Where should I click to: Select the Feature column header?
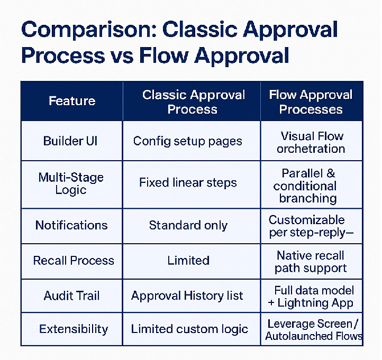point(72,101)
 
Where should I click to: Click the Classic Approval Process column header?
point(193,102)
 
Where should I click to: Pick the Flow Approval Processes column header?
point(311,102)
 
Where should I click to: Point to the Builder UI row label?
point(70,141)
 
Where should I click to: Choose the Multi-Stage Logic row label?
point(71,183)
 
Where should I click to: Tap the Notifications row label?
point(71,225)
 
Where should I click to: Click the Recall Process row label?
point(74,261)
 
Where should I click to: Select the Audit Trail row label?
point(71,296)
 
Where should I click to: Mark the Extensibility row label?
point(74,329)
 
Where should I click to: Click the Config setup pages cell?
point(188,141)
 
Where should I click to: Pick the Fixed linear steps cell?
point(188,183)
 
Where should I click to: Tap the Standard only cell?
point(188,225)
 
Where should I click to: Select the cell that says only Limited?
point(188,261)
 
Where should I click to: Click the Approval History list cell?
point(187,296)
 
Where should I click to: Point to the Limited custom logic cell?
point(189,329)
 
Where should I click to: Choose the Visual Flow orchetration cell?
point(311,142)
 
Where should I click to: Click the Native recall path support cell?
point(311,262)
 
